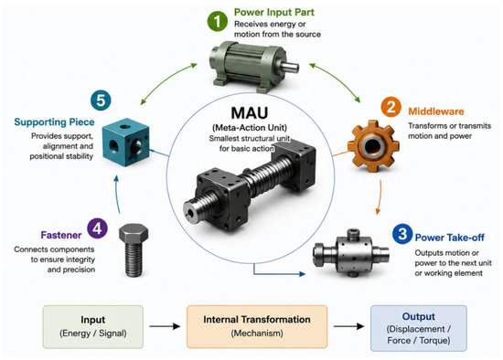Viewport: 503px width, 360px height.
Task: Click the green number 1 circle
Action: pyautogui.click(x=217, y=21)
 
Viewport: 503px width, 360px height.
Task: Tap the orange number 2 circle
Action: pyautogui.click(x=391, y=106)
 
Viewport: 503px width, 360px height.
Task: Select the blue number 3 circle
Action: pyautogui.click(x=402, y=234)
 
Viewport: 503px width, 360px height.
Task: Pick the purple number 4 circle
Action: pyautogui.click(x=97, y=228)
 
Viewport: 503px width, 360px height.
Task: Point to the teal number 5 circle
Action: pyautogui.click(x=101, y=100)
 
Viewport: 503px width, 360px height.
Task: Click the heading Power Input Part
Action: pyautogui.click(x=274, y=12)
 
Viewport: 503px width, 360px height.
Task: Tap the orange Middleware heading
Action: pyautogui.click(x=436, y=111)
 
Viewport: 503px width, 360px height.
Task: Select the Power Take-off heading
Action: pyautogui.click(x=449, y=238)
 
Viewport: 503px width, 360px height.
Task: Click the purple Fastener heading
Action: pyautogui.click(x=61, y=235)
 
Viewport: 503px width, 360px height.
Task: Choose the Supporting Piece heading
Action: pyautogui.click(x=54, y=122)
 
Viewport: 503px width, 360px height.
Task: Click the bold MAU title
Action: pyautogui.click(x=250, y=112)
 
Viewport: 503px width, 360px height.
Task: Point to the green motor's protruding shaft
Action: pyautogui.click(x=290, y=67)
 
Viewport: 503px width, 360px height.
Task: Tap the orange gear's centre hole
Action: pyautogui.click(x=372, y=146)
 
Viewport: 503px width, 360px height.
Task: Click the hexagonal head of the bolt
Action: pyautogui.click(x=134, y=233)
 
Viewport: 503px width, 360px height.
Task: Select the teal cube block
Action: pyautogui.click(x=126, y=142)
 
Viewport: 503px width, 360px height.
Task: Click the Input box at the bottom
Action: pyautogui.click(x=93, y=327)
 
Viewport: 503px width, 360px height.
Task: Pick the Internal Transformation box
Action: pyautogui.click(x=257, y=327)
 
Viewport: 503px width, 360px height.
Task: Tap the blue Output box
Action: pyautogui.click(x=419, y=328)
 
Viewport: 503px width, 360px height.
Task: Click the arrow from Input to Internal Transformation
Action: pyautogui.click(x=165, y=326)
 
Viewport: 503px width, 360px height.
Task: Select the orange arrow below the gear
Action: pyautogui.click(x=380, y=197)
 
